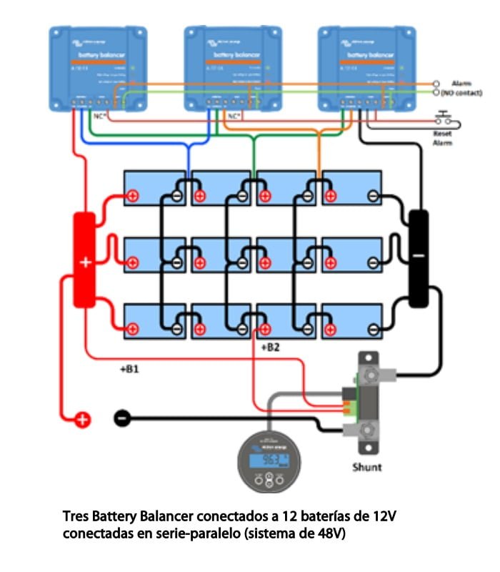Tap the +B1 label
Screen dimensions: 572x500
pos(130,370)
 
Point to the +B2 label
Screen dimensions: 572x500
pos(271,348)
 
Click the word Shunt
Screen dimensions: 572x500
pos(367,467)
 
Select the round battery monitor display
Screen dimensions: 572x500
pos(269,461)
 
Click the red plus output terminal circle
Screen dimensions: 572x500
pos(83,420)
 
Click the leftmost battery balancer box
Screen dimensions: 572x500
pos(97,68)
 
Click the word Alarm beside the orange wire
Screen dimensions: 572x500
pos(461,84)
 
